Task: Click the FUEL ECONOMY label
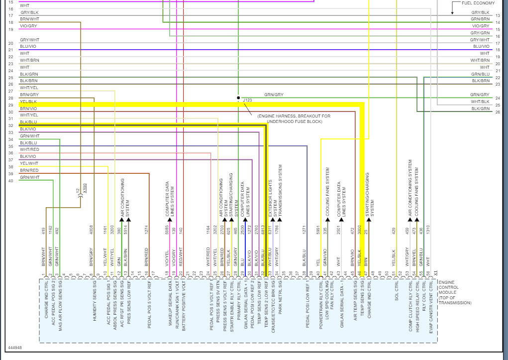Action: click(x=478, y=3)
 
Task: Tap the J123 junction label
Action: click(x=247, y=101)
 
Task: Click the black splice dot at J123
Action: click(x=238, y=98)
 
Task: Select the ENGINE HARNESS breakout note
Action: click(x=294, y=119)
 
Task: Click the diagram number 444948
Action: click(x=15, y=348)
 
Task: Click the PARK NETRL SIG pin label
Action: click(x=280, y=303)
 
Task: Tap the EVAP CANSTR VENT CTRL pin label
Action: click(x=431, y=312)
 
